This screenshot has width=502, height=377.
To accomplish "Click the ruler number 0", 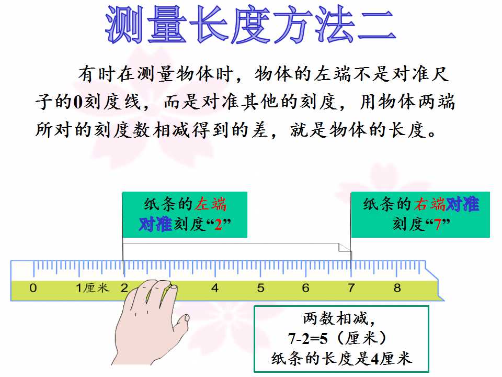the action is [33, 288].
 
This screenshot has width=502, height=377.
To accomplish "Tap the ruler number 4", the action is [215, 288].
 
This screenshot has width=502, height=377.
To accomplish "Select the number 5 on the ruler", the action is [260, 288].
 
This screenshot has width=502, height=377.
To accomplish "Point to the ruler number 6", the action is [306, 288].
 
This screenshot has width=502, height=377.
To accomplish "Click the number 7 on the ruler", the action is [351, 288].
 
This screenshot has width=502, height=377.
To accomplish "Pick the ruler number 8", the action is [397, 288].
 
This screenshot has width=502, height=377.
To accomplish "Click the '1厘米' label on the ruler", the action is [92, 288].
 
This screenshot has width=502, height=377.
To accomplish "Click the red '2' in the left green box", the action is [218, 225].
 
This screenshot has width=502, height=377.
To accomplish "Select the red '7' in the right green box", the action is [438, 225].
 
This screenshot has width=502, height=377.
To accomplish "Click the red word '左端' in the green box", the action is [211, 204].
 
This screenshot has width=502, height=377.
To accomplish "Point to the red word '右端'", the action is [429, 204].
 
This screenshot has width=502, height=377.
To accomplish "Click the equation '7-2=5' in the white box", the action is [307, 339].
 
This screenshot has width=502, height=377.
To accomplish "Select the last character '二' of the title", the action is [376, 25].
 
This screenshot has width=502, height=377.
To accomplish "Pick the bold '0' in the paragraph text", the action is [78, 102].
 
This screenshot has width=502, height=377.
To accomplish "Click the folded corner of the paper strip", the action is [345, 248].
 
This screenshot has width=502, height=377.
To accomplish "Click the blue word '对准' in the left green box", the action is [156, 224].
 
